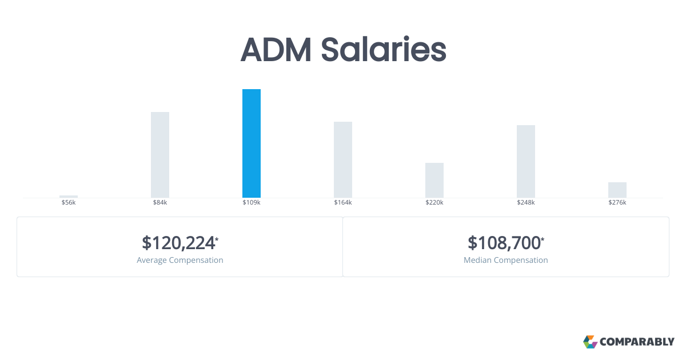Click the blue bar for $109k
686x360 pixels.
pyautogui.click(x=252, y=143)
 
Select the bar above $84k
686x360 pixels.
pyautogui.click(x=160, y=155)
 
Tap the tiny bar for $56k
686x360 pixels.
pyautogui.click(x=69, y=197)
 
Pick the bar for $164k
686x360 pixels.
pyautogui.click(x=343, y=159)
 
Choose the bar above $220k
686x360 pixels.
pyautogui.click(x=434, y=180)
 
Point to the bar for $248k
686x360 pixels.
pyautogui.click(x=526, y=161)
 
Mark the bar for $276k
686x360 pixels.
pyautogui.click(x=617, y=190)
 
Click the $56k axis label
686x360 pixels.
pyautogui.click(x=69, y=203)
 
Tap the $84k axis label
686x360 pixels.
pyautogui.click(x=160, y=203)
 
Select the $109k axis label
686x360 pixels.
pyautogui.click(x=252, y=203)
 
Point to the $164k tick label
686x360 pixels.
pyautogui.click(x=343, y=203)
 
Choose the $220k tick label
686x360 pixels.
pyautogui.click(x=434, y=203)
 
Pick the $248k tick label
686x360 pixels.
pyautogui.click(x=526, y=203)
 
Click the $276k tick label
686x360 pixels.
pyautogui.click(x=617, y=203)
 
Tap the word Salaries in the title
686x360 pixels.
pyautogui.click(x=383, y=50)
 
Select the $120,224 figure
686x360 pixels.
pyautogui.click(x=178, y=243)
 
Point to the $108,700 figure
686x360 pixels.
pyautogui.click(x=504, y=243)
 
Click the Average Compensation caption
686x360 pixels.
pyautogui.click(x=180, y=261)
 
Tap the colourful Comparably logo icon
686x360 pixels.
pyautogui.click(x=590, y=342)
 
